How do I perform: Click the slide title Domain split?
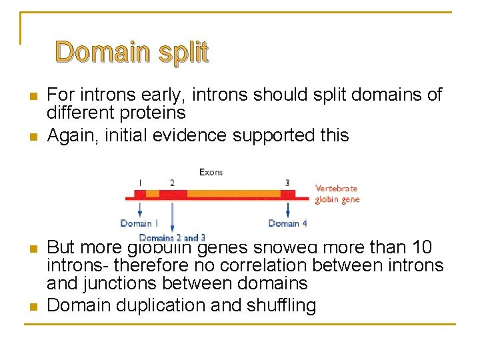pos(132,51)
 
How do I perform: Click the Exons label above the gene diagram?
pos(211,172)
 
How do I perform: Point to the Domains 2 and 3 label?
pos(172,237)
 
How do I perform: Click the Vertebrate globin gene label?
pos(337,194)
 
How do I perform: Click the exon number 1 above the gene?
pos(140,182)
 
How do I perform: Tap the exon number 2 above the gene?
pos(172,182)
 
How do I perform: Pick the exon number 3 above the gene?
pos(287,182)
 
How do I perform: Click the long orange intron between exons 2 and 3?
pos(233,194)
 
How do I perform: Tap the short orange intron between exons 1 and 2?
pos(153,194)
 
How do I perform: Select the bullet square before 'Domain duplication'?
pos(33,307)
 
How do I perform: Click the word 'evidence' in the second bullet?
pos(189,135)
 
